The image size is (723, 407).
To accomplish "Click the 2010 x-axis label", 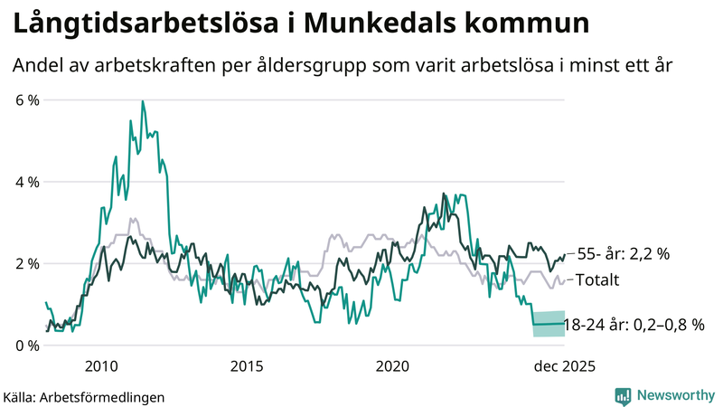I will (x=100, y=365).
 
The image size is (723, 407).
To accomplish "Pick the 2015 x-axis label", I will (x=246, y=365).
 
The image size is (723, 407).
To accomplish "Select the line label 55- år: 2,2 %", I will (x=623, y=255).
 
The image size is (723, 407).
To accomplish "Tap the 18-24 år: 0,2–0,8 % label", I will (x=633, y=324).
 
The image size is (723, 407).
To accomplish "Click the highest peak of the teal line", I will (x=143, y=102).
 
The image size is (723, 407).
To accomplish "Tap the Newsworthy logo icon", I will (x=623, y=395).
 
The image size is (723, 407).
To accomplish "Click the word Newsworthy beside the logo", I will (x=674, y=395).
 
